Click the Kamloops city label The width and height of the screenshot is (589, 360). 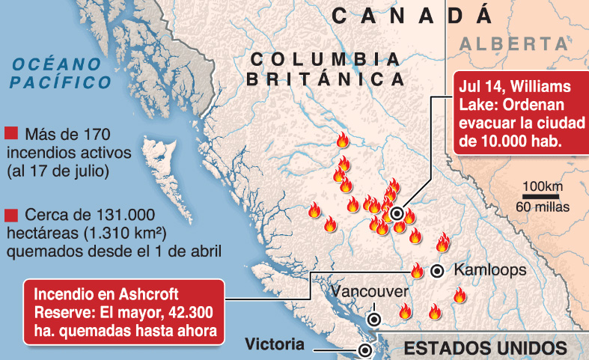pos(490,270)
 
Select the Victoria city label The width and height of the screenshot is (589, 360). pos(275,345)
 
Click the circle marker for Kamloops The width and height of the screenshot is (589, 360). pos(438,271)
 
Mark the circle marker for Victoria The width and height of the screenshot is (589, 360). pos(365,350)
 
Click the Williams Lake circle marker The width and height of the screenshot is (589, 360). pos(397,214)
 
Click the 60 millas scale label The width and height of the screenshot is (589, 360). pos(543,206)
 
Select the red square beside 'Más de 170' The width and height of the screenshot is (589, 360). pos(10,134)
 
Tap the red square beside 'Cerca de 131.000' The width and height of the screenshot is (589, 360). pos(10,214)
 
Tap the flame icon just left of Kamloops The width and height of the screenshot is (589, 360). pos(417,270)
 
